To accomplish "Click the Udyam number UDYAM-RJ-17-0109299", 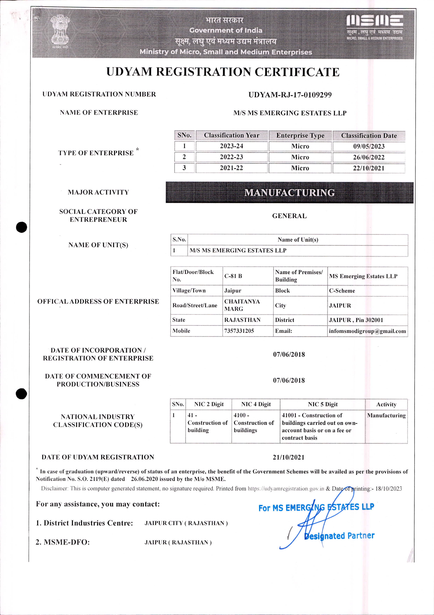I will pyautogui.click(x=290, y=95).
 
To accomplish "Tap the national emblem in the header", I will pyautogui.click(x=60, y=32).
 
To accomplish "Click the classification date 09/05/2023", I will pyautogui.click(x=369, y=146).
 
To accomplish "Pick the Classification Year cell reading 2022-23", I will pyautogui.click(x=231, y=157).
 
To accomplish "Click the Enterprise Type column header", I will pyautogui.click(x=300, y=136).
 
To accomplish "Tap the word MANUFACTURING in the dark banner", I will pyautogui.click(x=289, y=193).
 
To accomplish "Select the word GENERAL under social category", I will pyautogui.click(x=289, y=216).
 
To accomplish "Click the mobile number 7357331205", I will pyautogui.click(x=239, y=331).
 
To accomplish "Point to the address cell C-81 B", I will pyautogui.click(x=233, y=276).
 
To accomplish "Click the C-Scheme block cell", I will pyautogui.click(x=342, y=291).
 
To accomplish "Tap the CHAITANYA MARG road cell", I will pyautogui.click(x=242, y=305).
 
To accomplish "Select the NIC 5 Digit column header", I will pyautogui.click(x=323, y=404).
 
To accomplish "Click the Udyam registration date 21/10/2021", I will pyautogui.click(x=288, y=457).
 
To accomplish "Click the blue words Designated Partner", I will pyautogui.click(x=339, y=536).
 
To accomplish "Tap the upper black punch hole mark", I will pyautogui.click(x=22, y=227).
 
